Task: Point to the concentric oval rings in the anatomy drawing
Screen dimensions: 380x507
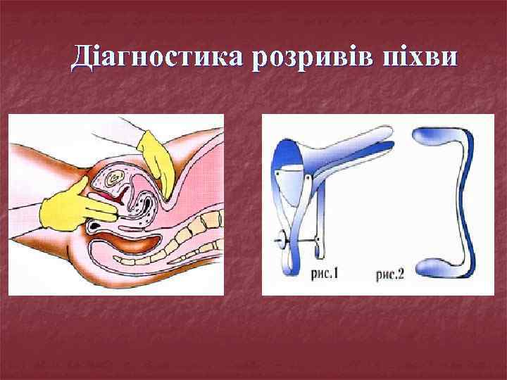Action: coord(113,179)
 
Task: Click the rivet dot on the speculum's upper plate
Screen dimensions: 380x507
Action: coord(280,171)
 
